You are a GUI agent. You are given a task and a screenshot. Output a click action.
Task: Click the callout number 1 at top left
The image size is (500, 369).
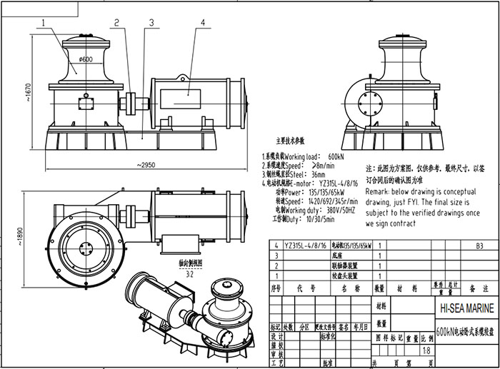[44, 22]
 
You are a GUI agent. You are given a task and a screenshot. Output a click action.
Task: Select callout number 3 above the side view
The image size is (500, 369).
[139, 22]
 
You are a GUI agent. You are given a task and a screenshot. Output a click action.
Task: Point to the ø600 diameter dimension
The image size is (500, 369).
[86, 59]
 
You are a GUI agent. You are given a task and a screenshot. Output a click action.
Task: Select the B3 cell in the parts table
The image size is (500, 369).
[469, 244]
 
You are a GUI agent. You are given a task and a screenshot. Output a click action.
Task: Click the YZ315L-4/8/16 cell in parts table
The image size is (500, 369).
[306, 244]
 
